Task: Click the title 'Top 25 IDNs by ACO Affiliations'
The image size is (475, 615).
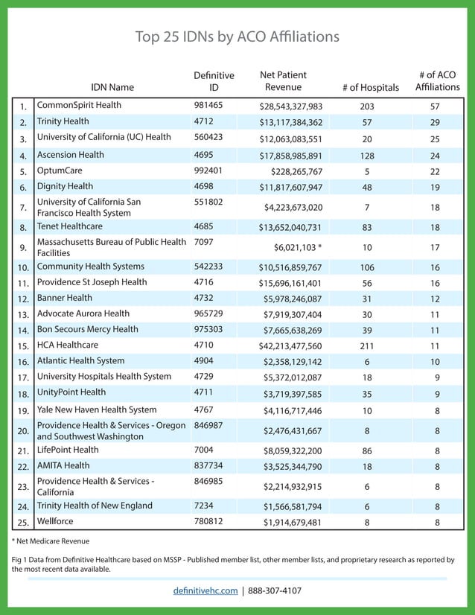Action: coord(237,36)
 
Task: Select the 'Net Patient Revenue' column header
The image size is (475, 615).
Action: coord(283,81)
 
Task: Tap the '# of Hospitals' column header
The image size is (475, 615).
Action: coord(370,87)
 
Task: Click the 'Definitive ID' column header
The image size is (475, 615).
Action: coord(214,81)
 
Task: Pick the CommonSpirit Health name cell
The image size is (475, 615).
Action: coord(79,106)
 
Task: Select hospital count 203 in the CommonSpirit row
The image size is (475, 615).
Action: coord(366,106)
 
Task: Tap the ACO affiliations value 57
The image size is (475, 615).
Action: coord(436,106)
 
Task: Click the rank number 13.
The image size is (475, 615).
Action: coord(23,314)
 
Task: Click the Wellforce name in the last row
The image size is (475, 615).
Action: coord(59,521)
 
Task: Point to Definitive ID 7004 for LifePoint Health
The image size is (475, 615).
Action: coord(204,450)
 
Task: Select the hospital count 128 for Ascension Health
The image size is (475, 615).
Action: coord(366,156)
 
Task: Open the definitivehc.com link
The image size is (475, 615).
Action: coord(204,590)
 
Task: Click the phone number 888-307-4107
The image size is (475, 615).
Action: coord(275,590)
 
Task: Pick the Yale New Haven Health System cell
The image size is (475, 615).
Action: coord(97,410)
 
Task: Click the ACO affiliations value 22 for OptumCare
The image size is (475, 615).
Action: coord(436,171)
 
